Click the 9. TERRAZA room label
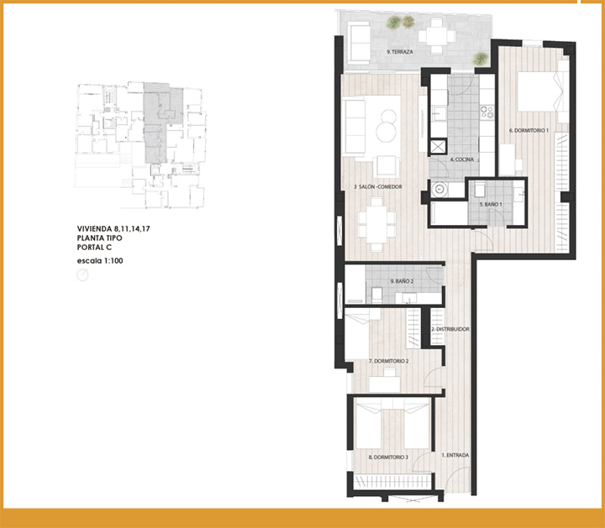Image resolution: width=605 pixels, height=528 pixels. coord(400,52)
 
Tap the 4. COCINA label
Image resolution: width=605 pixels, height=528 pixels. coord(461,159)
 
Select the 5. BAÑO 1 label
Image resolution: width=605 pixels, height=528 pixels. coord(491,204)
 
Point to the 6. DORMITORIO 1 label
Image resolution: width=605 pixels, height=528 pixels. coord(529,131)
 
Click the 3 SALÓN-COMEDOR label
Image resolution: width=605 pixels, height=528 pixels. coord(378,186)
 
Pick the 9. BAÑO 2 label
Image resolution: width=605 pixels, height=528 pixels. coord(402,281)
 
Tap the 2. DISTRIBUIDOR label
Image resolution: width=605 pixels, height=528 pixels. coord(450,329)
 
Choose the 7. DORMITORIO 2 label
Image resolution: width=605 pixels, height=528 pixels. coord(388,361)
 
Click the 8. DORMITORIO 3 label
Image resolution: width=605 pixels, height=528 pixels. coord(388,457)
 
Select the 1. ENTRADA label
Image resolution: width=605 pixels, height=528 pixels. coord(455,455)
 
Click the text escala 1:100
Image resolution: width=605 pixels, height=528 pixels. coord(100,261)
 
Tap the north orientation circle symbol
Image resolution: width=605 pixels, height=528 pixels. coord(82,274)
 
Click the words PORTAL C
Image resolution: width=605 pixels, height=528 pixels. coord(94,248)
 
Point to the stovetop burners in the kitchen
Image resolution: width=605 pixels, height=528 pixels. coord(487,112)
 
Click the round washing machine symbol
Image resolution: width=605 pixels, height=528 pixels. coord(439,189)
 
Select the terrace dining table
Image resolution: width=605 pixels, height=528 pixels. coord(436,36)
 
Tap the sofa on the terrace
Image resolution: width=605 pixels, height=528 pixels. coord(359,43)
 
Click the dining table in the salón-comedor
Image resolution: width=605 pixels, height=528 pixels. coord(376,224)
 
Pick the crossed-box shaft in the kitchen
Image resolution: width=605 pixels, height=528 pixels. coord(438,147)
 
